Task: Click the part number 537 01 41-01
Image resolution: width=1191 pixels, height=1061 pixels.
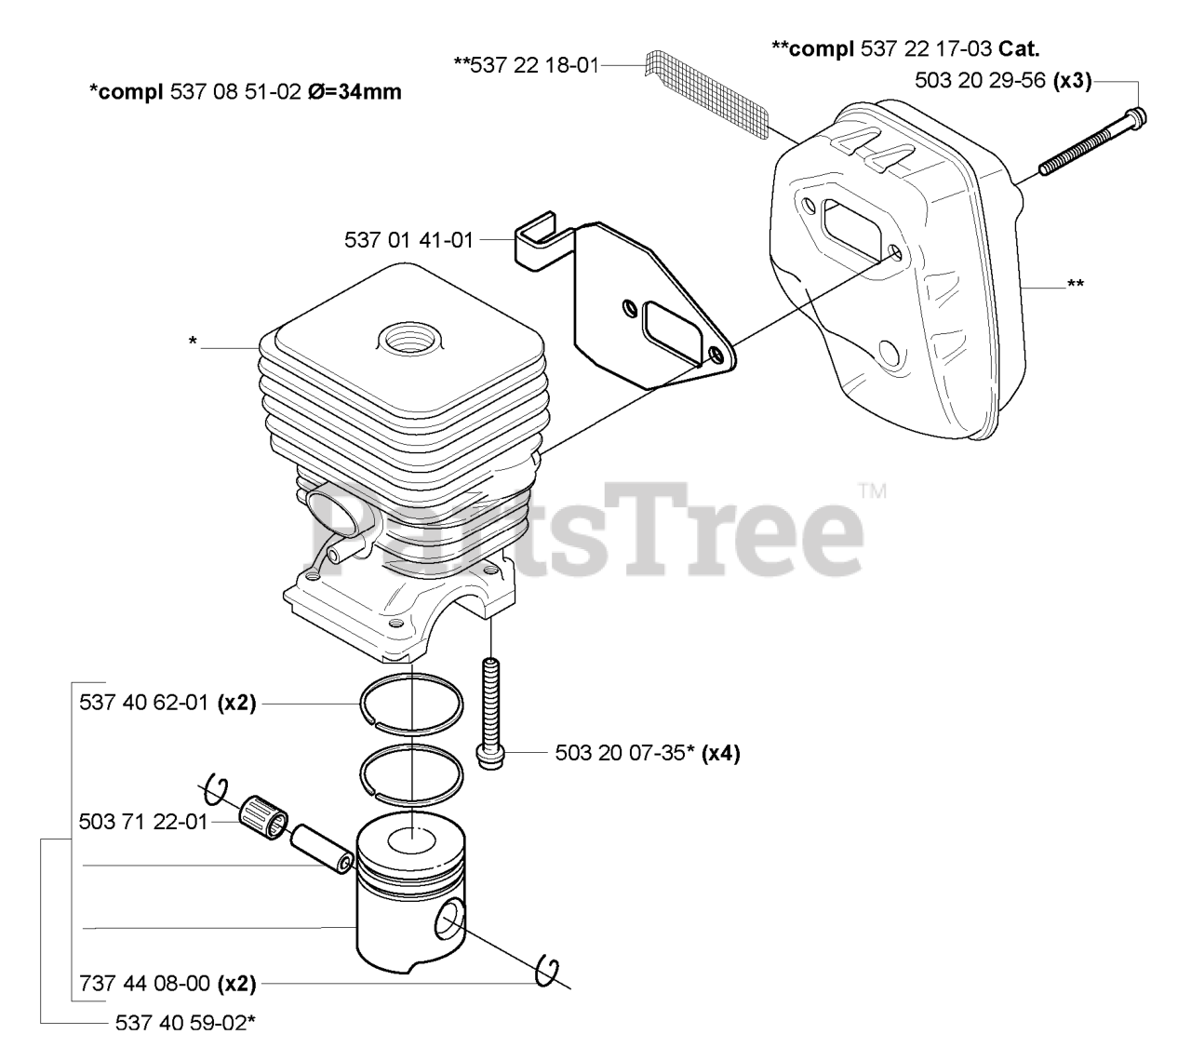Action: [x=408, y=240]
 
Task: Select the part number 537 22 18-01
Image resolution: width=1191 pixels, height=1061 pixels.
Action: [x=526, y=65]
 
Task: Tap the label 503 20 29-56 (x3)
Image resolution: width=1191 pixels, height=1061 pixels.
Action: [x=1003, y=80]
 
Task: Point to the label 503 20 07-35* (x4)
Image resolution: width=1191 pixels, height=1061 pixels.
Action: [x=648, y=753]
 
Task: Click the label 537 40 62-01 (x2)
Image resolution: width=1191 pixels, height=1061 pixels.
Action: [x=167, y=703]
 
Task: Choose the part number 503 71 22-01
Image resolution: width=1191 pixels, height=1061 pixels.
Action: [x=143, y=822]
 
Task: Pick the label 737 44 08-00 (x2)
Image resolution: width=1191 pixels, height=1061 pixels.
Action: [x=167, y=984]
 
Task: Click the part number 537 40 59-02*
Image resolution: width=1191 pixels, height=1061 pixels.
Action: [x=185, y=1023]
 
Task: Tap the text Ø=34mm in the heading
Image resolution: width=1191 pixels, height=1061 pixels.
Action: [x=355, y=92]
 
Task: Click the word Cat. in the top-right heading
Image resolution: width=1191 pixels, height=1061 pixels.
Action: [x=1019, y=48]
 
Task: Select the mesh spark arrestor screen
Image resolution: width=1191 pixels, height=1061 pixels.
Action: [x=707, y=94]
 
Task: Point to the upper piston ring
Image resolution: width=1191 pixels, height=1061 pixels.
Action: [x=411, y=704]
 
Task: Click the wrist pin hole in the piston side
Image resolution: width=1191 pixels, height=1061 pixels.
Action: [x=449, y=920]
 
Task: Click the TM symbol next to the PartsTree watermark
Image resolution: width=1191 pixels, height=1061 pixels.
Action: [x=873, y=491]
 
